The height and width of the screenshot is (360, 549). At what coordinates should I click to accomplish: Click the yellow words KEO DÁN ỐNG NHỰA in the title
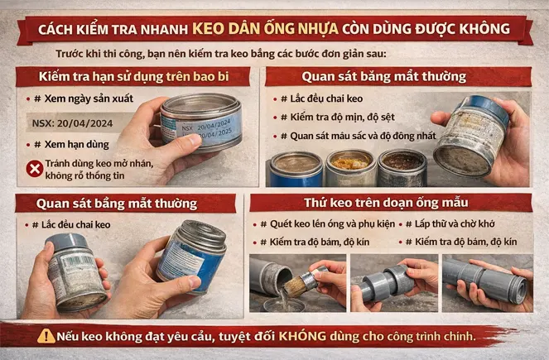point(265,27)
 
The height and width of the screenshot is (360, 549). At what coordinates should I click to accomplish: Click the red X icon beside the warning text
point(35,169)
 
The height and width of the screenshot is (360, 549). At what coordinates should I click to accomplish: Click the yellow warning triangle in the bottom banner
point(46,336)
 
